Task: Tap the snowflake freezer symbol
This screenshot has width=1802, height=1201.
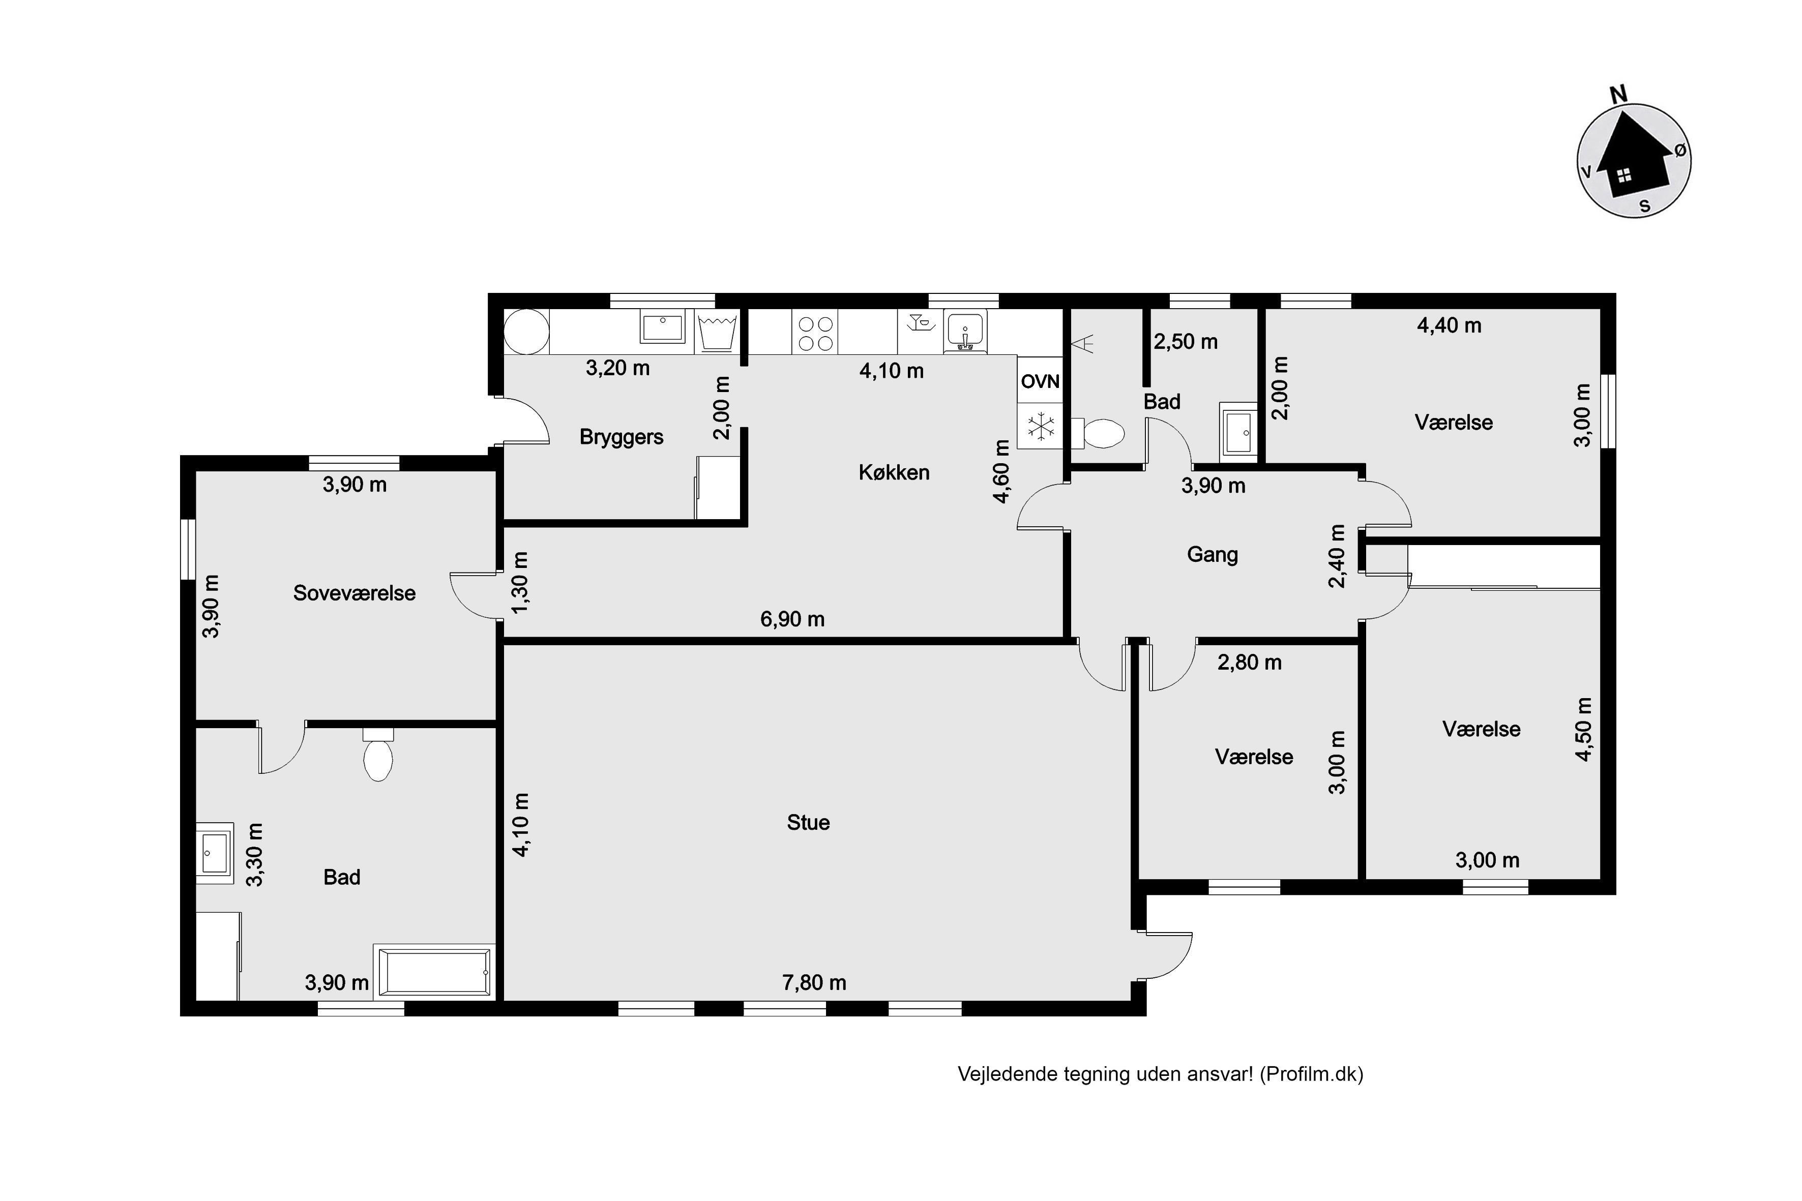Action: click(1041, 426)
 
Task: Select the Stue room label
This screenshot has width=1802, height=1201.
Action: click(808, 823)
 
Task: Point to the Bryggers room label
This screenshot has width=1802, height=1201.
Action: click(622, 437)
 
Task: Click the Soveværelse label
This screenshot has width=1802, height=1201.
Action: click(354, 593)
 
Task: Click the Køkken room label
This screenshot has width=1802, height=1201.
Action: click(894, 472)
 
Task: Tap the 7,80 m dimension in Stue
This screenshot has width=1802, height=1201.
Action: click(814, 983)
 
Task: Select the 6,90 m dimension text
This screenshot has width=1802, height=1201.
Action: click(792, 619)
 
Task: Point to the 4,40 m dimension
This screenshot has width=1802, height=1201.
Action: click(1449, 325)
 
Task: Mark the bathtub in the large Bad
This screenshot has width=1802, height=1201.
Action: click(434, 972)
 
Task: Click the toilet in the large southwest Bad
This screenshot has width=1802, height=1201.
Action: click(378, 755)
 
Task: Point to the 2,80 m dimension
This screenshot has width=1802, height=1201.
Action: click(1250, 663)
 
